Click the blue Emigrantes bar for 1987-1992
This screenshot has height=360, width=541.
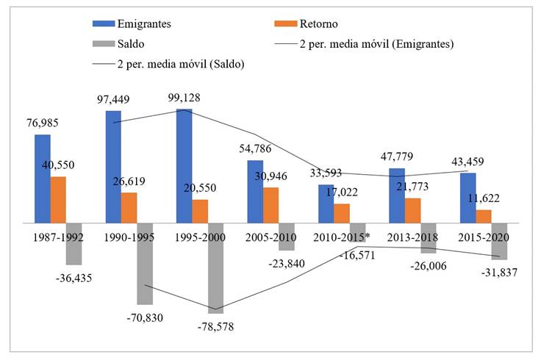[x=42, y=178]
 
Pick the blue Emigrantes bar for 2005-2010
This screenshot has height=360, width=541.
[x=254, y=191]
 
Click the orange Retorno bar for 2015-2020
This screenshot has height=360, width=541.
[x=483, y=216]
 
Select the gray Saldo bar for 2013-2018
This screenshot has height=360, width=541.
[x=428, y=238]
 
